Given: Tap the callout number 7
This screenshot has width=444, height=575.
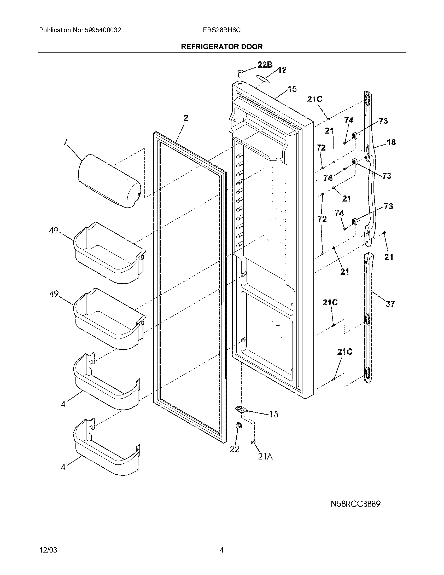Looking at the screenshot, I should tap(65, 142).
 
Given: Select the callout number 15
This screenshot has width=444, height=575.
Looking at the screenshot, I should tap(292, 89).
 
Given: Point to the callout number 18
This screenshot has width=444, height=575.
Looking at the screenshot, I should tap(391, 142).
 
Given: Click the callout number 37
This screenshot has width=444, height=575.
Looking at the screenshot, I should tap(390, 304).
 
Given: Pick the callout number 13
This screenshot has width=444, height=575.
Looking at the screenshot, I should tap(274, 415).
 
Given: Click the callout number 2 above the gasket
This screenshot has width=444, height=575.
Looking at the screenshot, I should tap(186, 118).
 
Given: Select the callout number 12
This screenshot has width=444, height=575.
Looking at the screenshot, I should tap(282, 70).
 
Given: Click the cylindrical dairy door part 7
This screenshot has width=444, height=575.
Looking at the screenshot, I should tap(109, 181).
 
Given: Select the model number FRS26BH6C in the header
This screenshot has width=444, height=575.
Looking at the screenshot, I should tap(221, 30).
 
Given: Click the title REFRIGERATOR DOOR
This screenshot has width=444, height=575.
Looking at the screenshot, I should tap(221, 47).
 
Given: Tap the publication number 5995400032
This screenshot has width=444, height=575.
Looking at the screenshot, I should tap(103, 30).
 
